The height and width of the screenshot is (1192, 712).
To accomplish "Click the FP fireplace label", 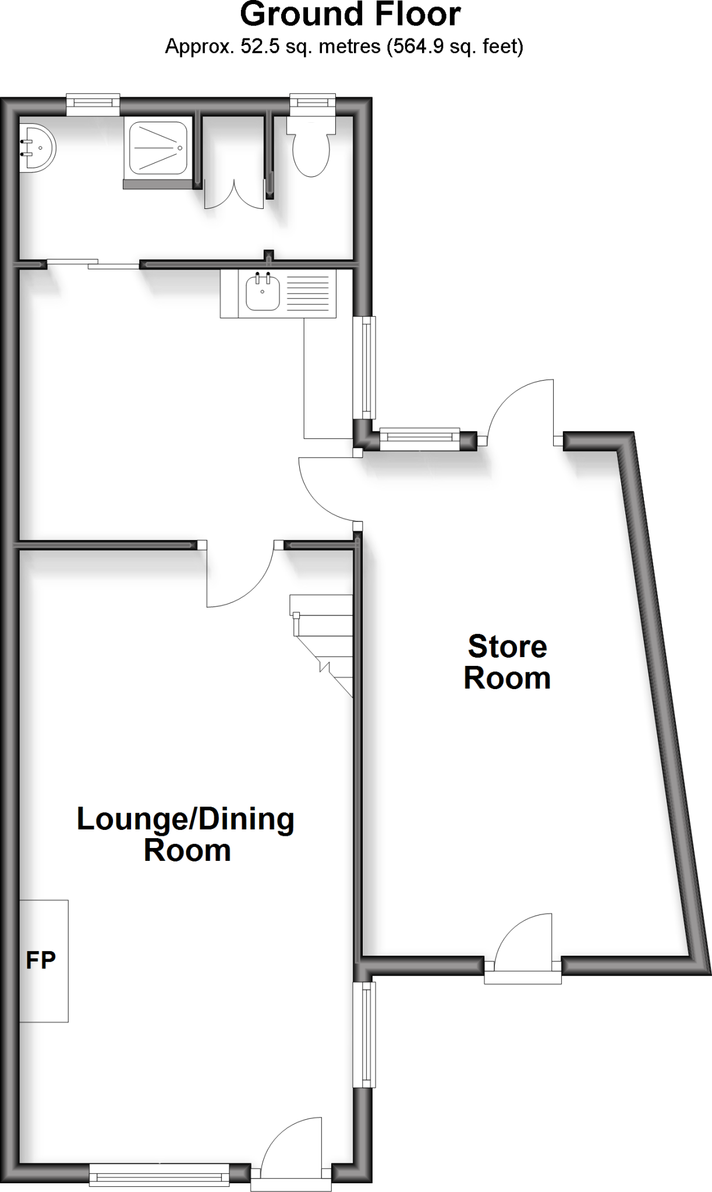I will [41, 960].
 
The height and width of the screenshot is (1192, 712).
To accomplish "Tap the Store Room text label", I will [507, 662].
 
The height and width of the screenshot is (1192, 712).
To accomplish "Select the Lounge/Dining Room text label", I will [186, 834].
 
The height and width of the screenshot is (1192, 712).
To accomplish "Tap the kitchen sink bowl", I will [263, 293].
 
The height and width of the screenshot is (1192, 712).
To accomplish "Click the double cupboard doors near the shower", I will [234, 194].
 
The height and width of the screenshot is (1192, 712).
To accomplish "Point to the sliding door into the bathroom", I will [93, 264].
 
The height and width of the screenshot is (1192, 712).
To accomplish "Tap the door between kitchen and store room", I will [326, 489].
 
